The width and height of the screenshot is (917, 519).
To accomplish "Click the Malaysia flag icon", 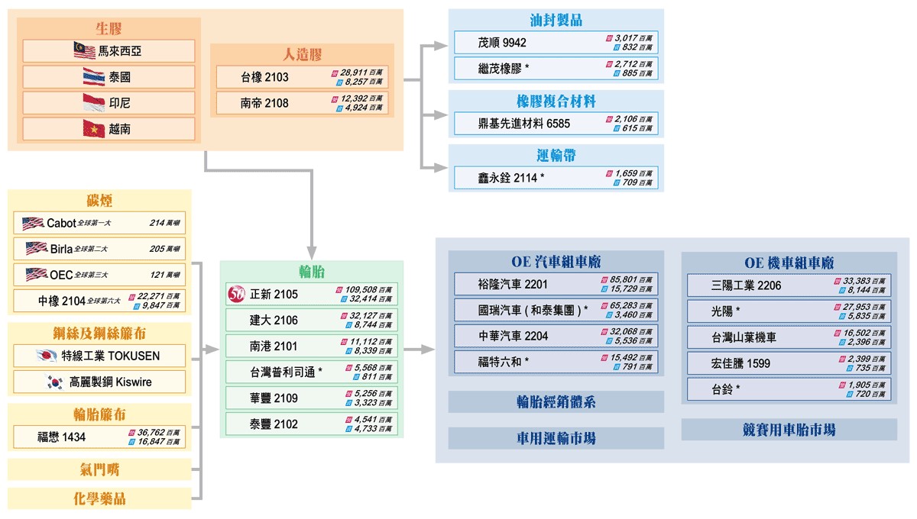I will (84, 51).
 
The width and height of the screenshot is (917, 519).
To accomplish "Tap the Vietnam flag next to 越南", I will (94, 129).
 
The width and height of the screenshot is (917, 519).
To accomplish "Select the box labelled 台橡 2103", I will (302, 77).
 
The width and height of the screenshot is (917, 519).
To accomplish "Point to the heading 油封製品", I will (556, 21).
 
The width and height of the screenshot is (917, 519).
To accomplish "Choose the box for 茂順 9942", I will (556, 43).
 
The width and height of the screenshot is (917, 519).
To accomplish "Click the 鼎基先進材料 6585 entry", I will (556, 124).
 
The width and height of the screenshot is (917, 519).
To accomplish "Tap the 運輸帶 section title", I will (556, 156).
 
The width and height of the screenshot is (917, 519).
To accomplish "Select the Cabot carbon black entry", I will (99, 224).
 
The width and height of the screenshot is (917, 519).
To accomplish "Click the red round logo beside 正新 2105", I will (236, 294).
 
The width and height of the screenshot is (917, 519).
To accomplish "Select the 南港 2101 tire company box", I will (312, 347).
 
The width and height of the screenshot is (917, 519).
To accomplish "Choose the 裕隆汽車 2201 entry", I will (556, 285).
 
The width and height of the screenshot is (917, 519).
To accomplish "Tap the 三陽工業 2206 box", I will (789, 285).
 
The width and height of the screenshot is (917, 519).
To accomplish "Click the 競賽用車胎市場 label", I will (789, 430).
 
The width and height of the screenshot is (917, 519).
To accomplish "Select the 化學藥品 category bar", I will (99, 499).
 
